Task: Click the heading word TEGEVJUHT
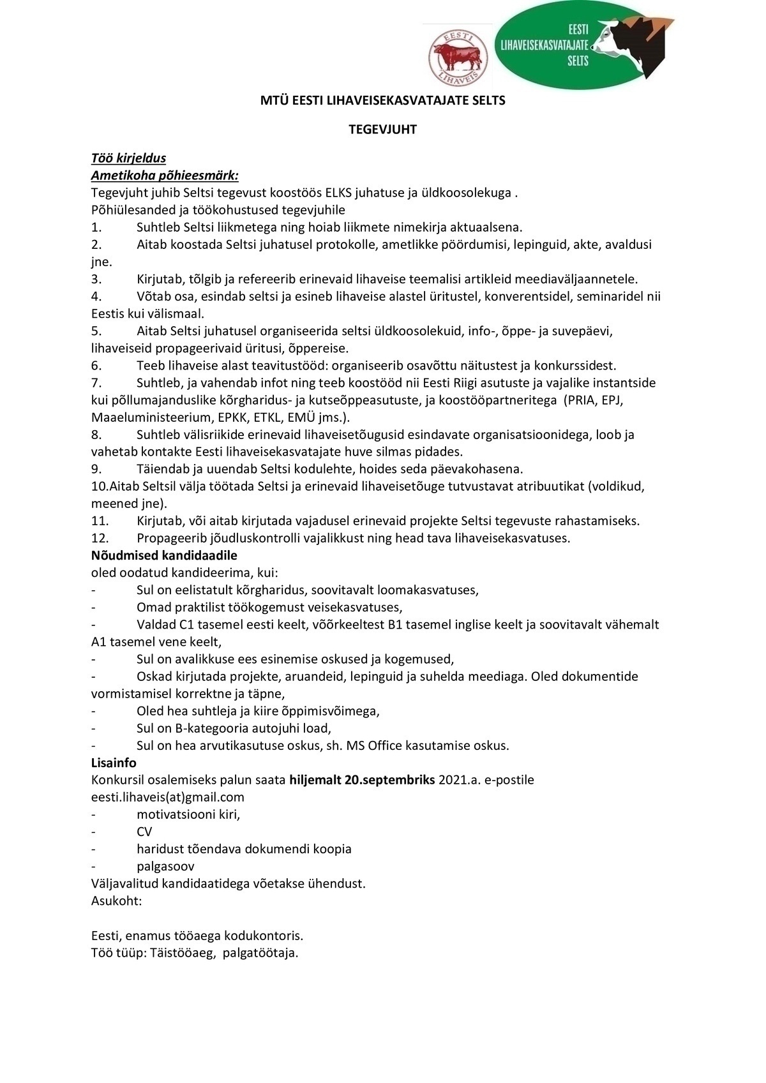(382, 130)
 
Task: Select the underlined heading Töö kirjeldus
(128, 158)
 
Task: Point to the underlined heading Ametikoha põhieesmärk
(165, 176)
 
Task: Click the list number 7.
(96, 383)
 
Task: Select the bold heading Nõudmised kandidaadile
(164, 555)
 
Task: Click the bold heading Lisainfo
(114, 762)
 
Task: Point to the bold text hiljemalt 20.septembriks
(362, 780)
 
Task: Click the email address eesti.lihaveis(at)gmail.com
(168, 797)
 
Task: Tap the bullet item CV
(144, 832)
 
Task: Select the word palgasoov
(165, 866)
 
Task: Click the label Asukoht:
(116, 900)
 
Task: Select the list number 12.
(100, 538)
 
